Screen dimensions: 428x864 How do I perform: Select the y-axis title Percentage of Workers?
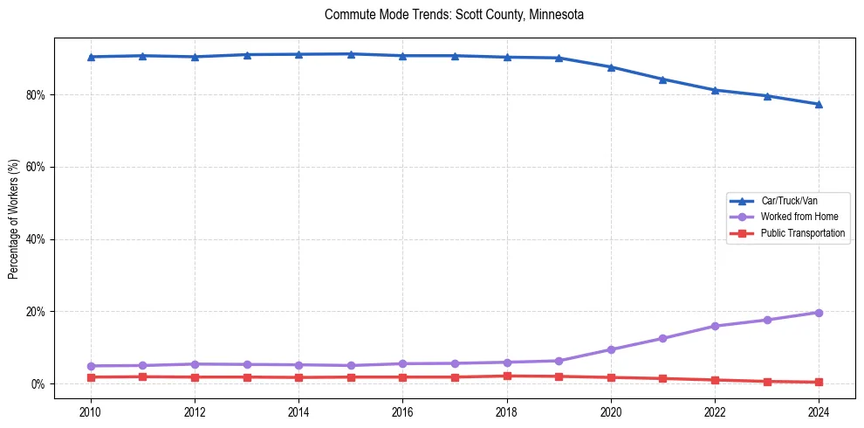(13, 218)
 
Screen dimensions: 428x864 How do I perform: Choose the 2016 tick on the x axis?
(402, 411)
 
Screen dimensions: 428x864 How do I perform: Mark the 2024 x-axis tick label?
(819, 411)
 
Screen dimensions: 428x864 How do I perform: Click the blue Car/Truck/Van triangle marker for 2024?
(819, 104)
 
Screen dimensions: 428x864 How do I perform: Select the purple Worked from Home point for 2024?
(819, 312)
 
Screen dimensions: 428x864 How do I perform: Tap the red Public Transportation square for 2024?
(819, 382)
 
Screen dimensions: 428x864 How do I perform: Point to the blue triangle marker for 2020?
(611, 67)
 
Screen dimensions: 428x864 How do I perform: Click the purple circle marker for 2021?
(662, 338)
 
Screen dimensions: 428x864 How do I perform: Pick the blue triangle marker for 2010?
(91, 57)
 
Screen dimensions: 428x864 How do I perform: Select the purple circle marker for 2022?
(715, 326)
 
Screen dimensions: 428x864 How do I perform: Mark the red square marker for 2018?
(507, 376)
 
